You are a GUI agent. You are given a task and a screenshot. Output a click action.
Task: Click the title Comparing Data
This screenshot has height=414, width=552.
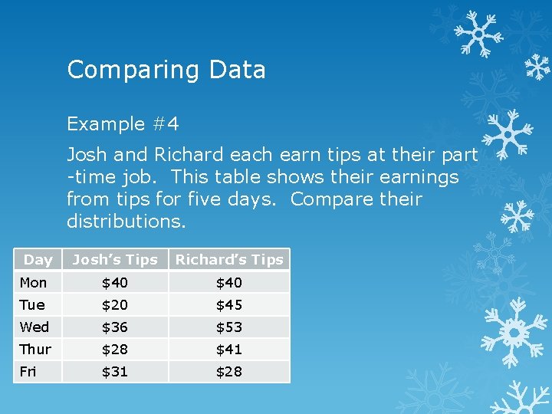point(166,70)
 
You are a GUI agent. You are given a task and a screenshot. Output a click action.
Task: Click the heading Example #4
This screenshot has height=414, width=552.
point(123,123)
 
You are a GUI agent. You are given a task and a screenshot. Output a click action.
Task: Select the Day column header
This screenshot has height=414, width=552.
point(38,260)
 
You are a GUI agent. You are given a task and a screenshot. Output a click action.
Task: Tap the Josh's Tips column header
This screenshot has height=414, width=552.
point(114,260)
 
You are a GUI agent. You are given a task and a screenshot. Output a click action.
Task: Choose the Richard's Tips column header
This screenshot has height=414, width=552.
point(229,260)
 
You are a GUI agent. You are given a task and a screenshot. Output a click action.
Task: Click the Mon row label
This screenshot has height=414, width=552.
point(33,282)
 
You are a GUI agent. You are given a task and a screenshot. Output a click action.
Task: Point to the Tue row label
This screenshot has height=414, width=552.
point(31,304)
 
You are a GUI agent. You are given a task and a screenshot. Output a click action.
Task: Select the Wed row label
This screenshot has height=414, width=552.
point(34,327)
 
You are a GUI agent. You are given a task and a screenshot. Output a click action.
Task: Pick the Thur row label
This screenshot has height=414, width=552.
point(35,349)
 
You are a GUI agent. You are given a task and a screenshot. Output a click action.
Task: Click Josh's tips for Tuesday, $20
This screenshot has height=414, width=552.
point(115,304)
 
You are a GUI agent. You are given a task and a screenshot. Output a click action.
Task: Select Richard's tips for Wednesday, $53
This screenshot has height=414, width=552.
point(228,327)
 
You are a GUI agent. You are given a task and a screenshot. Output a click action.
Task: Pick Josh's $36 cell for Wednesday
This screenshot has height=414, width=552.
point(115,327)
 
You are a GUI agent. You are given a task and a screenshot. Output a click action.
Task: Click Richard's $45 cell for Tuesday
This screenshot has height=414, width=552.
point(228,304)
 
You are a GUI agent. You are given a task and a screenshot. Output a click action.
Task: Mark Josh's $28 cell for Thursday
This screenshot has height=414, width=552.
point(115,349)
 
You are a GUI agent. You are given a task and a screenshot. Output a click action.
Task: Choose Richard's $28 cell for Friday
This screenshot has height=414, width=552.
point(228,371)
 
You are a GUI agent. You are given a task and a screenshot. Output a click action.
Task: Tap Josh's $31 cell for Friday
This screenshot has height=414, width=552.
point(115,371)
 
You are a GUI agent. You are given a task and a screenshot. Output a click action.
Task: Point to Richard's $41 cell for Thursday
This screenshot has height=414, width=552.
point(228,349)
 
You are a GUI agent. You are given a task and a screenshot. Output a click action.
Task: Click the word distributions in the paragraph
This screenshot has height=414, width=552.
point(126,222)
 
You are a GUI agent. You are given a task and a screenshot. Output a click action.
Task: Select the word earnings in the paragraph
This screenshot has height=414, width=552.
point(415,177)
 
